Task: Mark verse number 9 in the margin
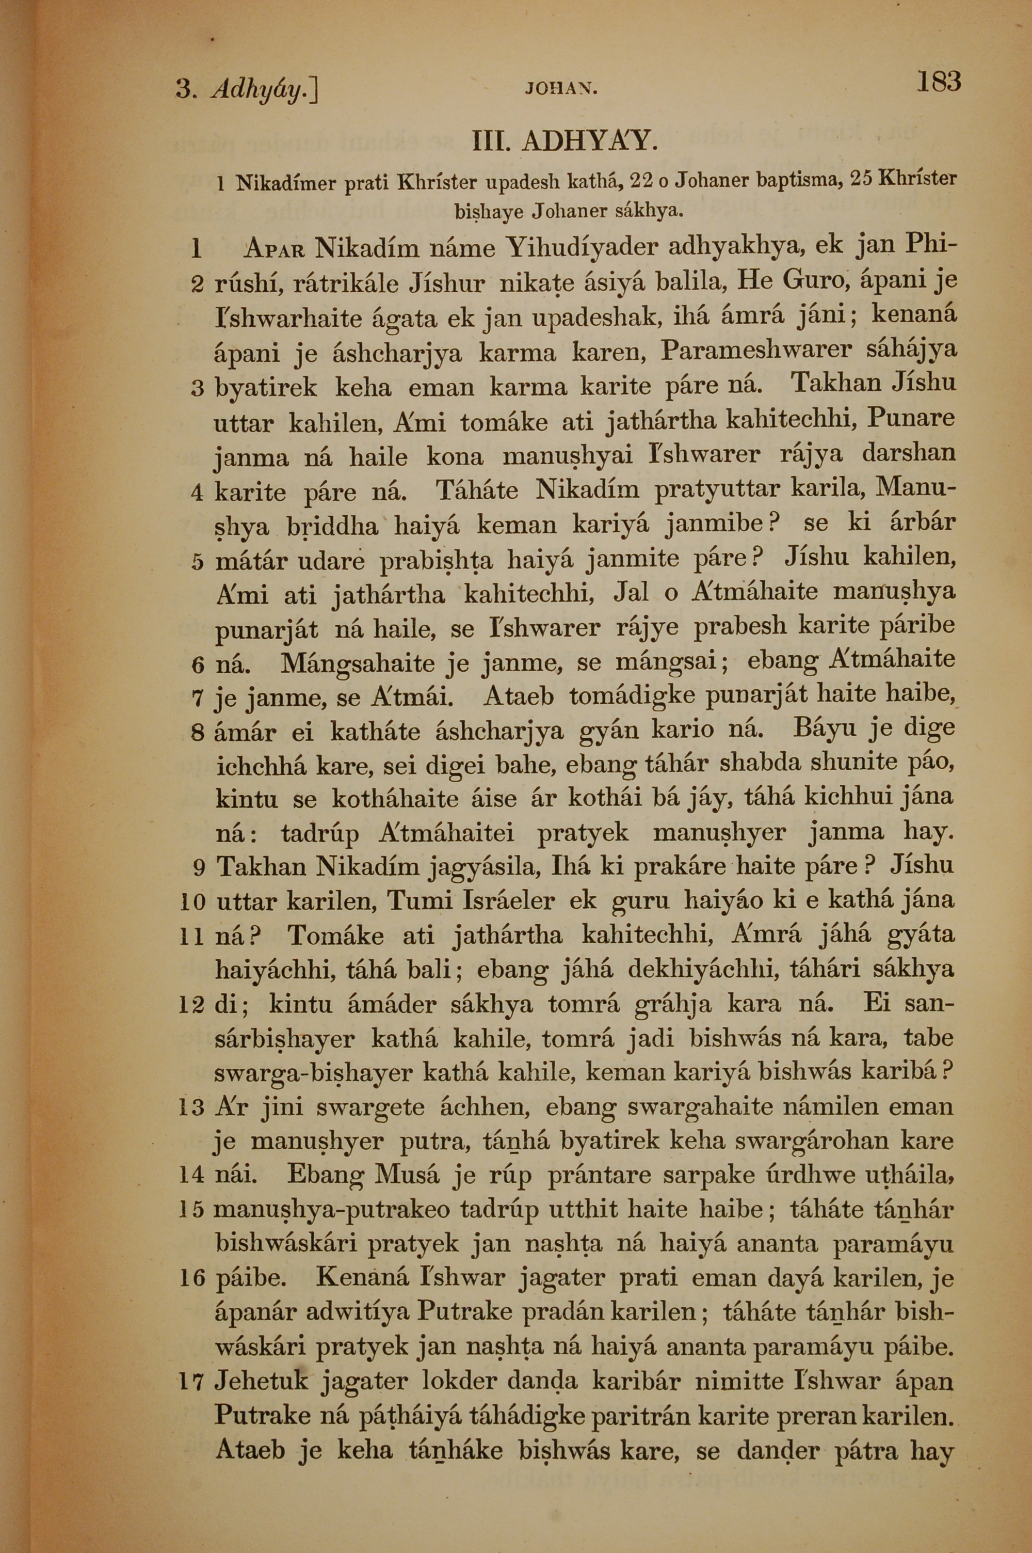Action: click(x=199, y=868)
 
